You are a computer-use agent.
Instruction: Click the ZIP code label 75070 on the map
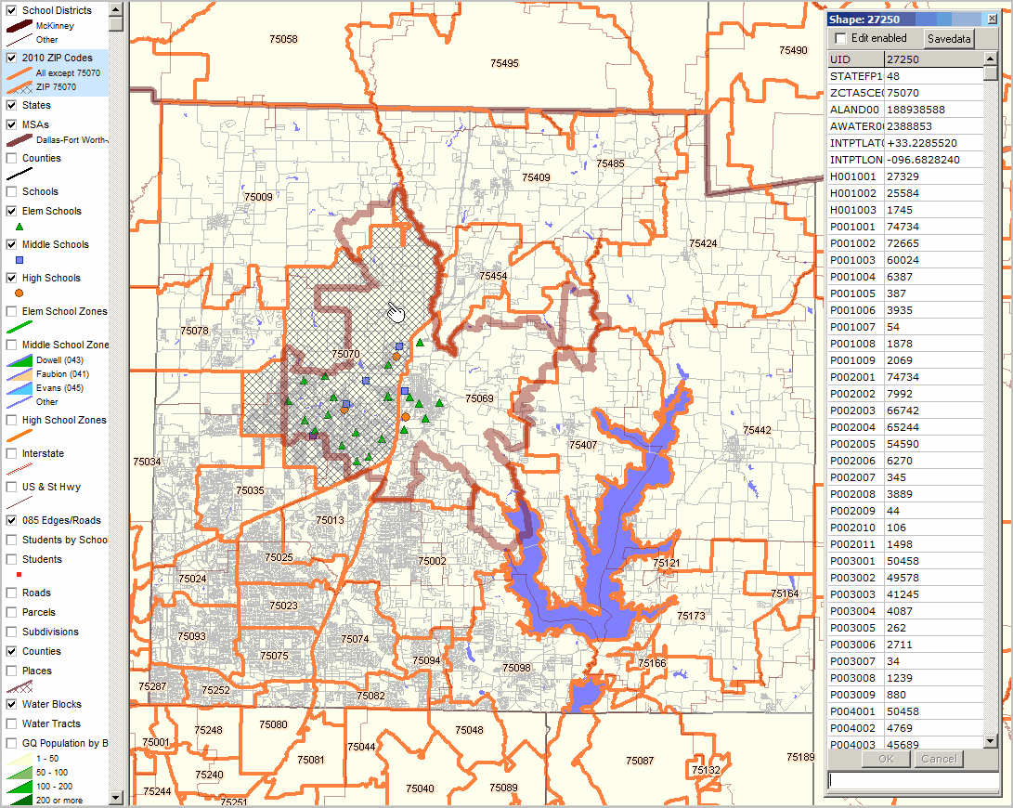(x=344, y=355)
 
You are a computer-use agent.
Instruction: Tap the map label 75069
(x=480, y=398)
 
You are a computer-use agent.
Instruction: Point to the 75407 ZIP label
(x=583, y=445)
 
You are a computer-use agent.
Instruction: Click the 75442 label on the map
(x=757, y=430)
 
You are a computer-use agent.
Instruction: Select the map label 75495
(x=504, y=63)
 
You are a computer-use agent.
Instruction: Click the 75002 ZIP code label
(x=432, y=561)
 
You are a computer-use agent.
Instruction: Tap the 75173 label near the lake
(x=691, y=616)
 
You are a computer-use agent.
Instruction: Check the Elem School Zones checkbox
(x=12, y=312)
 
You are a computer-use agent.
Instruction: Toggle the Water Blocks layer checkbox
(x=12, y=705)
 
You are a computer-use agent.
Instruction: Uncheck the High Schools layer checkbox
(x=12, y=279)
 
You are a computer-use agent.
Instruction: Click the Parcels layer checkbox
(x=12, y=613)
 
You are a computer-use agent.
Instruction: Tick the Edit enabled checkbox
(x=841, y=38)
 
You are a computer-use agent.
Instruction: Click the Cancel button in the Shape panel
(x=939, y=759)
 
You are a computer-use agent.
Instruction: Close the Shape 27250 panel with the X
(x=992, y=19)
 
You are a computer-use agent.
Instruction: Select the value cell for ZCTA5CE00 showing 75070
(x=933, y=93)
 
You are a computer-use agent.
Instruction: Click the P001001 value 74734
(x=933, y=227)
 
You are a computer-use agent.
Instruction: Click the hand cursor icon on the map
(x=396, y=312)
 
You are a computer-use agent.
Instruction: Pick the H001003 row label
(x=853, y=210)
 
